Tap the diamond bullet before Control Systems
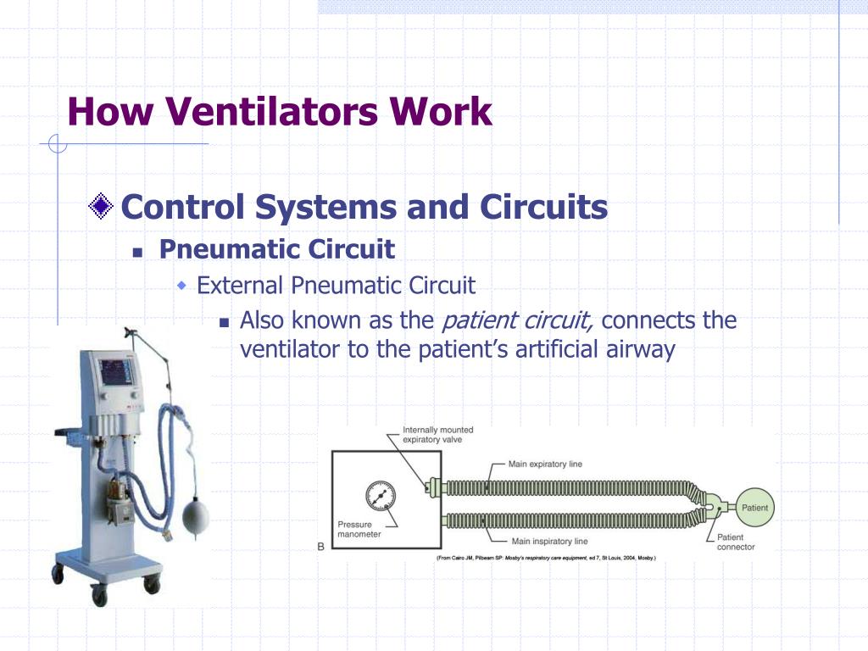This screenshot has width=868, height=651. point(102,206)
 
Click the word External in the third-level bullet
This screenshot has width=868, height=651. point(241,285)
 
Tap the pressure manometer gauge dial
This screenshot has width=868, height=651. point(381,496)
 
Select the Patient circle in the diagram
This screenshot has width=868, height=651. point(754,508)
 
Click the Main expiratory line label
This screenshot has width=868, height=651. point(544,465)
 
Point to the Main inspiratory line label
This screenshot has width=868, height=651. point(548,541)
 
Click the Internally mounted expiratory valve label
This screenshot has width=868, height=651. point(437,435)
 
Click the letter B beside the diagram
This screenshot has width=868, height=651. point(321,547)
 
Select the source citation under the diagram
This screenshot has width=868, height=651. point(546,558)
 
